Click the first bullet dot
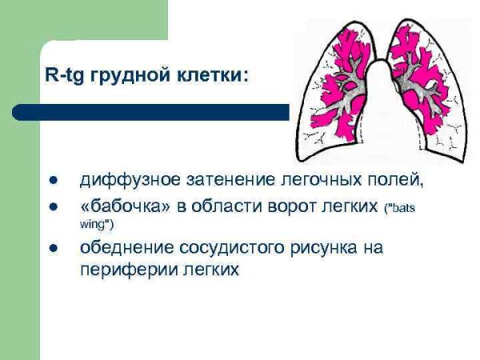coord(54,179)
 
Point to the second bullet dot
coord(54,207)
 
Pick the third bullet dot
coord(54,249)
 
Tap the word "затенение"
coord(209,179)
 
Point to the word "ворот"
coord(294,207)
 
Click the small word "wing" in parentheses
coord(91,225)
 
